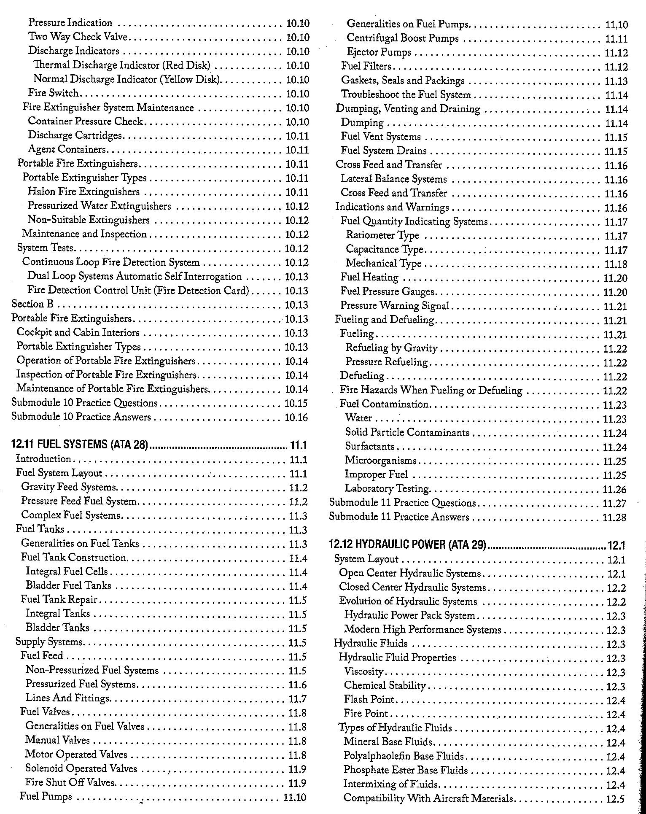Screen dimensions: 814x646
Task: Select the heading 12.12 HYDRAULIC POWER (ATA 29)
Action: (407, 544)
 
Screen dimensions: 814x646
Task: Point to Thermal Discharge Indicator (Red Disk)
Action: (122, 65)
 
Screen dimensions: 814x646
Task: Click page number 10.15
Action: (296, 403)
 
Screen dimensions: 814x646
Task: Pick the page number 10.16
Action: (296, 417)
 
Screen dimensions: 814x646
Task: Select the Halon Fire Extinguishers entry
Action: (83, 192)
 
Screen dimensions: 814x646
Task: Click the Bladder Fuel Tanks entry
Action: (68, 585)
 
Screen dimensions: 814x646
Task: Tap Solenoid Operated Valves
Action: (81, 768)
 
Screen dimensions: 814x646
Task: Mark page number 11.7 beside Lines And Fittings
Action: (297, 698)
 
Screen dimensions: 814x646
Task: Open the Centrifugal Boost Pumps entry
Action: (402, 38)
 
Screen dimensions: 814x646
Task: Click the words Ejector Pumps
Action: (379, 52)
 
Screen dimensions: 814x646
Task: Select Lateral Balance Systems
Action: (393, 179)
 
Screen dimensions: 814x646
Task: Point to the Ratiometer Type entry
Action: (382, 235)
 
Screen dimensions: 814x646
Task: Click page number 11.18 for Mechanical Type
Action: (616, 264)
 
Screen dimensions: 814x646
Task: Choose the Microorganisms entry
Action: (380, 461)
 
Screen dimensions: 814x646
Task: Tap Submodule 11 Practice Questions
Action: (402, 503)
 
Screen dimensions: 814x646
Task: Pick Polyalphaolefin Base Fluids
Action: (404, 756)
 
